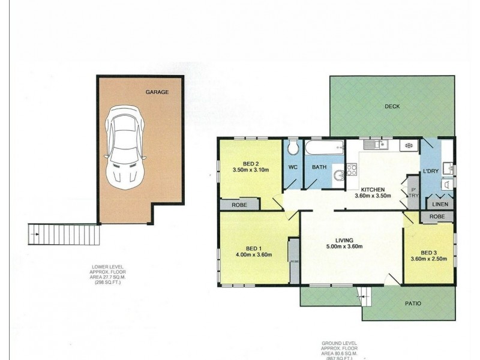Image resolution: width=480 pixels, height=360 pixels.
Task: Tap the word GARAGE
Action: click(x=157, y=92)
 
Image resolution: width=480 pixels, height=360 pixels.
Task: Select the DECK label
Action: click(x=392, y=106)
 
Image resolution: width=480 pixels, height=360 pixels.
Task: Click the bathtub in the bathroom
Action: click(x=324, y=147)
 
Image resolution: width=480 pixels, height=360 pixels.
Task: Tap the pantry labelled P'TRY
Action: click(x=413, y=193)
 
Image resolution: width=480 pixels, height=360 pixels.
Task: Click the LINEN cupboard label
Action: click(x=439, y=205)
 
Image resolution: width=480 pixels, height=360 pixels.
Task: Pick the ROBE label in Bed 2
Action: click(x=239, y=205)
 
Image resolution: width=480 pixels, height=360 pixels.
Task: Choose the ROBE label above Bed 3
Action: click(x=437, y=216)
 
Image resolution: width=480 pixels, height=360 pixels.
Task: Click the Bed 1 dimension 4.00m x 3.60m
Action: click(x=254, y=255)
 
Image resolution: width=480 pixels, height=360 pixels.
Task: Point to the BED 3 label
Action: click(x=429, y=252)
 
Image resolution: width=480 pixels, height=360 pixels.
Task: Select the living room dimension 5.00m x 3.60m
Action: click(x=344, y=247)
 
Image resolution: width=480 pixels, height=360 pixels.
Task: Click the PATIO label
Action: click(x=413, y=304)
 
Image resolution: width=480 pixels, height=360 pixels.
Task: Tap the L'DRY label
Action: click(x=431, y=172)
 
